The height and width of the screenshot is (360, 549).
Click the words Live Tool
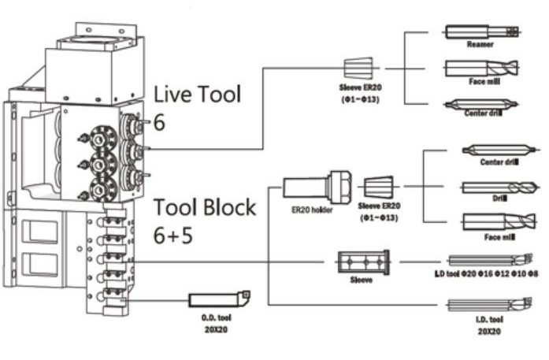(197, 95)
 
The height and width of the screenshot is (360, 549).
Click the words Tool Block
(204, 208)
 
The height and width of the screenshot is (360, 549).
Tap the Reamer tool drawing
(481, 32)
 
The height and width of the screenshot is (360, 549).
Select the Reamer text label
(480, 46)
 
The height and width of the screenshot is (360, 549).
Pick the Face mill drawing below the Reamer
(481, 68)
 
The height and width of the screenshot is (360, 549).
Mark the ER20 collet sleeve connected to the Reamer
(358, 69)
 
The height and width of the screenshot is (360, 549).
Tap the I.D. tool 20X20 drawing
(490, 305)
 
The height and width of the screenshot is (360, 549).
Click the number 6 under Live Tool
(160, 123)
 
